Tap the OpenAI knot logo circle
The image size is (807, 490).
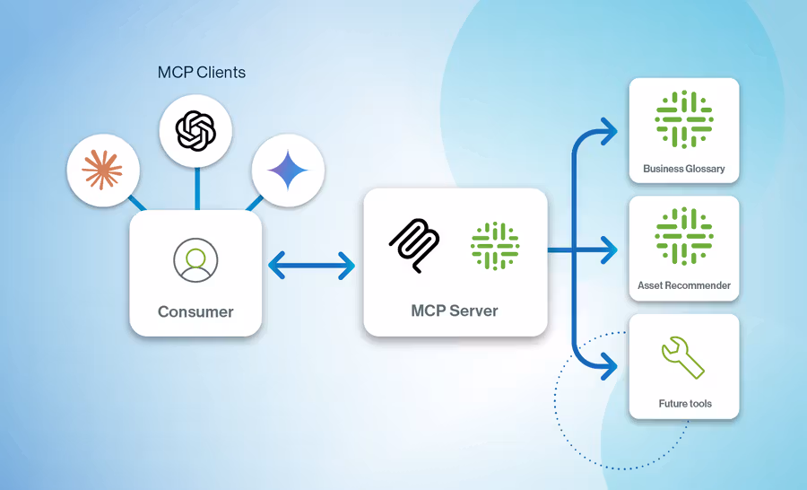pyautogui.click(x=195, y=132)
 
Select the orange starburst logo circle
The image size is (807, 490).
pyautogui.click(x=103, y=170)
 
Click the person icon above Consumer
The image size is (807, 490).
pyautogui.click(x=195, y=260)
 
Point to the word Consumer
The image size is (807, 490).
pyautogui.click(x=195, y=312)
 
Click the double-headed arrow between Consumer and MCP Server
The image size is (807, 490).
pyautogui.click(x=312, y=264)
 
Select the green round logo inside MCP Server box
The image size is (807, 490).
pyautogui.click(x=495, y=245)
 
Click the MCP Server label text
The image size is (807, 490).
pyautogui.click(x=455, y=311)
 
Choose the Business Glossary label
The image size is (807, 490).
pyautogui.click(x=684, y=169)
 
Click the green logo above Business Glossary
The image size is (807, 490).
pyautogui.click(x=684, y=119)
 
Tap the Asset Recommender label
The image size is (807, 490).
pyautogui.click(x=684, y=286)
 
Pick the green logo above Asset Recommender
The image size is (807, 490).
pyautogui.click(x=684, y=236)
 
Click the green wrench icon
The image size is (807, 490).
pyautogui.click(x=683, y=357)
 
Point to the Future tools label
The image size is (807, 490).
pyautogui.click(x=685, y=404)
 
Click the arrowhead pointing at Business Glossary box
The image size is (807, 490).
pyautogui.click(x=610, y=131)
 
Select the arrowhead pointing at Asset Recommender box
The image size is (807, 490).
pyautogui.click(x=610, y=250)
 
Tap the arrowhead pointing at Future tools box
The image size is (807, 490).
pyautogui.click(x=610, y=365)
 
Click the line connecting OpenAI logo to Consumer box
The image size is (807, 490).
pyautogui.click(x=195, y=189)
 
